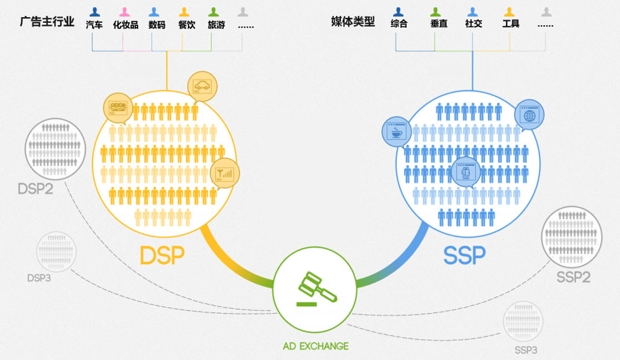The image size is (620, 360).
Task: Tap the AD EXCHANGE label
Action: (315, 346)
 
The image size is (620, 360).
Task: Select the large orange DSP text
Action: (162, 256)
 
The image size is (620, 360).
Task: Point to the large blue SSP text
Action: (464, 256)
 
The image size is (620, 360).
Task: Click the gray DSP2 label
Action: (35, 188)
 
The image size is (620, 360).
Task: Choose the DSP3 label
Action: (39, 278)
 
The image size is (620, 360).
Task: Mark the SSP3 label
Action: (525, 350)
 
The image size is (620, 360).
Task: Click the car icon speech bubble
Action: (202, 86)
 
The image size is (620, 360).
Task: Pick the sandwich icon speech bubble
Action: (118, 108)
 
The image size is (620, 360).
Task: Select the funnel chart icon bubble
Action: (224, 174)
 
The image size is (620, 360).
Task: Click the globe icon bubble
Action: (529, 115)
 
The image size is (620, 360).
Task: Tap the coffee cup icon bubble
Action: (394, 132)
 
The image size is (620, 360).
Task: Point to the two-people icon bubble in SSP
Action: (465, 172)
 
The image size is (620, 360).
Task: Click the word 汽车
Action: (94, 25)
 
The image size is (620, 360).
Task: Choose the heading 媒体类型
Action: (353, 21)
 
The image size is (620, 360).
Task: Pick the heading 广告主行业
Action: (47, 21)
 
